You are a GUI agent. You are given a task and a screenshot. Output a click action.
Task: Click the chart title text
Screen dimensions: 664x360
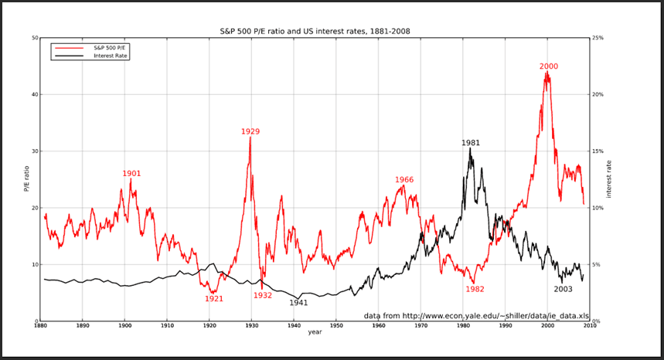click(315, 31)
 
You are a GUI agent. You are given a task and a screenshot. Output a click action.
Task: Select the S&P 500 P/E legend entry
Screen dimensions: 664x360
click(90, 48)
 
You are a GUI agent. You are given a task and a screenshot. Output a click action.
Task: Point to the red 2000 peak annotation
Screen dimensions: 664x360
click(548, 66)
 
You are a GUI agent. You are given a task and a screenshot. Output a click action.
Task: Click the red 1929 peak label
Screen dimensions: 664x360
click(250, 131)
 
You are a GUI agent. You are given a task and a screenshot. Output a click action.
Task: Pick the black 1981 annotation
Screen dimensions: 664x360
click(471, 143)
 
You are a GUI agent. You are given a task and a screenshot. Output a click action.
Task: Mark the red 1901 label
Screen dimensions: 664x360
click(131, 174)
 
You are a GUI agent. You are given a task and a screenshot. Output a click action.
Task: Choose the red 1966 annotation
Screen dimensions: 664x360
click(404, 180)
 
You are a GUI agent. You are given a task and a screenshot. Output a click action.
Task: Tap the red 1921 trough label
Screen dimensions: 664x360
click(214, 299)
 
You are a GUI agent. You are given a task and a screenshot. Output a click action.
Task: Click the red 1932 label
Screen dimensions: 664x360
click(263, 295)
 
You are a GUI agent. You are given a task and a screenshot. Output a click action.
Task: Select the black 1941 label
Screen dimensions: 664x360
click(298, 303)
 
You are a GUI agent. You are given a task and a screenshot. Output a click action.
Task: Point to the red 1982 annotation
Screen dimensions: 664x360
click(475, 290)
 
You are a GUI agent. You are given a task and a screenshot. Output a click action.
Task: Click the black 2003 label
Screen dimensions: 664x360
click(563, 290)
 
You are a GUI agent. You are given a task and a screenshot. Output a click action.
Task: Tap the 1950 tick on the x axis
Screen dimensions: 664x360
click(335, 326)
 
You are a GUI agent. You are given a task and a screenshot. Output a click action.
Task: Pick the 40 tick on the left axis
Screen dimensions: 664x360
click(35, 95)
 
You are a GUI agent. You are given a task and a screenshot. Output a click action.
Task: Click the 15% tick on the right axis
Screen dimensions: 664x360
click(598, 151)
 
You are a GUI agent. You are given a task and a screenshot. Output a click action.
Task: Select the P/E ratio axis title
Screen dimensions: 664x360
click(26, 178)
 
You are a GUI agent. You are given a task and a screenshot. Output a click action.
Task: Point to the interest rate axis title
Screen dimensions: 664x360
click(609, 179)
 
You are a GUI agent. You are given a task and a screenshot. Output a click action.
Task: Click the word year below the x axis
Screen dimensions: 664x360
click(315, 332)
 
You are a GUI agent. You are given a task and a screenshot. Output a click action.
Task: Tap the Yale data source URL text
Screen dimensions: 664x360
click(476, 316)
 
